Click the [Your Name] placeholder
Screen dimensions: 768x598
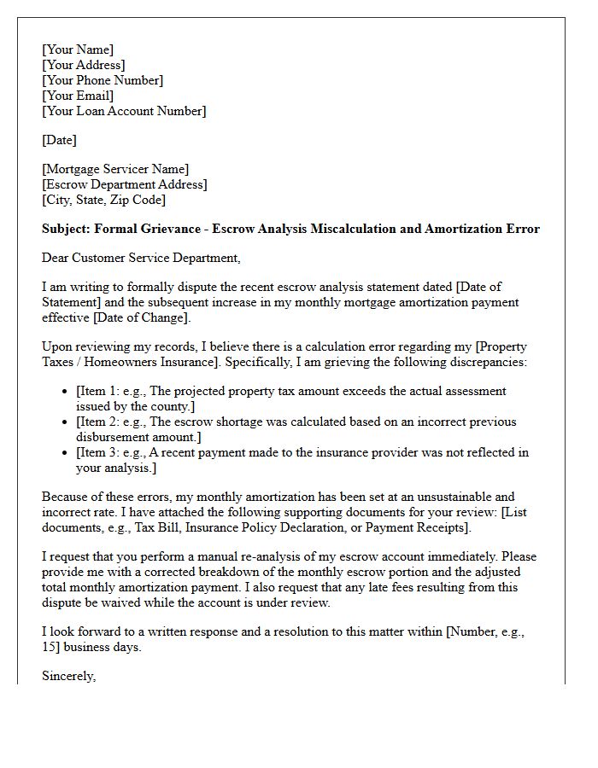point(78,49)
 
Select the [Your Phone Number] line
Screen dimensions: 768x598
point(103,80)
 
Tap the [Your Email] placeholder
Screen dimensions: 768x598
point(79,96)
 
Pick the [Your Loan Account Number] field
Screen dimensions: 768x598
point(124,111)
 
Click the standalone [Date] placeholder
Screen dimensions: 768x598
point(59,140)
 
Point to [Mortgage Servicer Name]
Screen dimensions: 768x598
point(115,169)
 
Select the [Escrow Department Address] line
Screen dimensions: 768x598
point(124,184)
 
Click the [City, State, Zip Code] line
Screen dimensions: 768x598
point(103,200)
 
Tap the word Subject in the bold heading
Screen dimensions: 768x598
point(65,229)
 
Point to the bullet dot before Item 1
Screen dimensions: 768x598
point(66,392)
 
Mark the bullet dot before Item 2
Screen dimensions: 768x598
point(66,422)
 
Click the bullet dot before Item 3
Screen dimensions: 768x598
point(66,453)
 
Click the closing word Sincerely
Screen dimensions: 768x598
point(68,676)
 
